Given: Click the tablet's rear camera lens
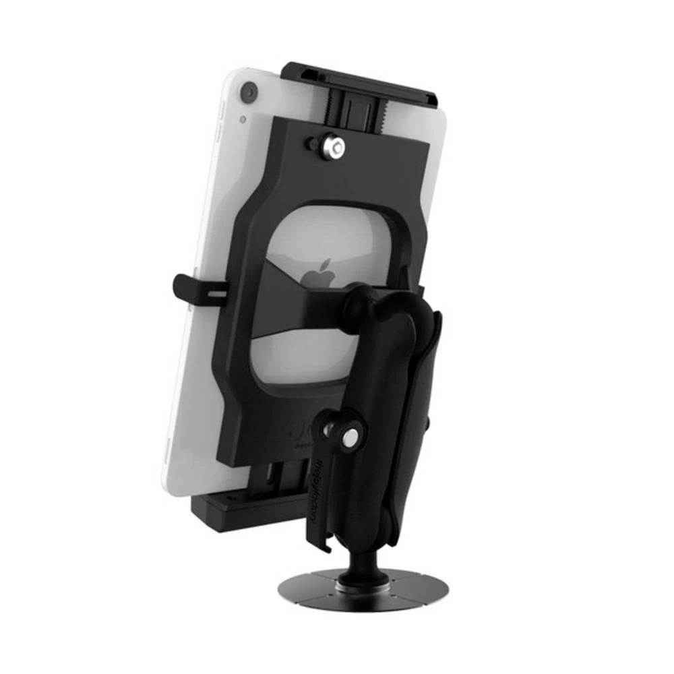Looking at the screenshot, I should [248, 92].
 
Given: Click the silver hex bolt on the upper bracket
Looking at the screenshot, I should [332, 146].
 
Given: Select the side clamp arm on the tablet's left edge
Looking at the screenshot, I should [195, 289].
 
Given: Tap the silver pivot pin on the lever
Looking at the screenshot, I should [351, 439].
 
